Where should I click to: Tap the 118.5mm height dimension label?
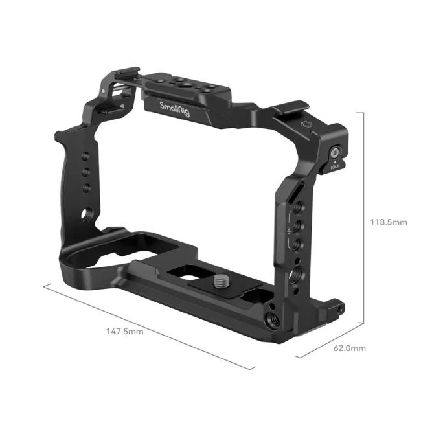(x=389, y=222)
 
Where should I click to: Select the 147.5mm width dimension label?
(x=124, y=331)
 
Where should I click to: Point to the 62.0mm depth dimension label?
(x=348, y=348)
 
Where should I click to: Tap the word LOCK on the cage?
(x=334, y=166)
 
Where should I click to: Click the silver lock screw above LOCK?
(x=334, y=154)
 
